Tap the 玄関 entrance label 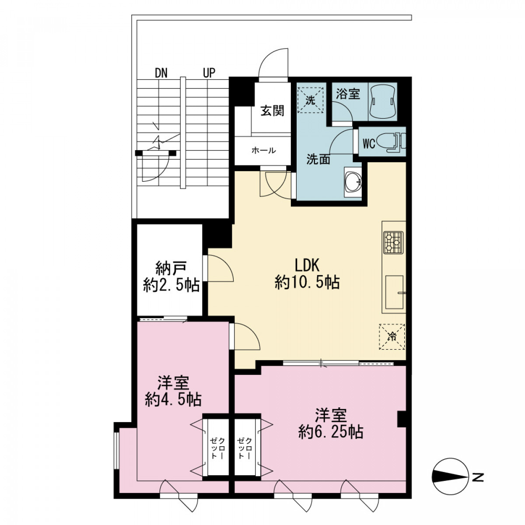(272, 111)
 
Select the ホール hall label (263, 150)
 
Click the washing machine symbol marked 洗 (311, 100)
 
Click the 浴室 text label (348, 94)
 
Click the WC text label (369, 143)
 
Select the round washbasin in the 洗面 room (353, 182)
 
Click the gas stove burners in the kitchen (393, 242)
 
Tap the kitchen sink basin (394, 292)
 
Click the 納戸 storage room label (171, 268)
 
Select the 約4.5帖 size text (173, 400)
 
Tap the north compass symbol (450, 477)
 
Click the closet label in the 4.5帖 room (217, 448)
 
